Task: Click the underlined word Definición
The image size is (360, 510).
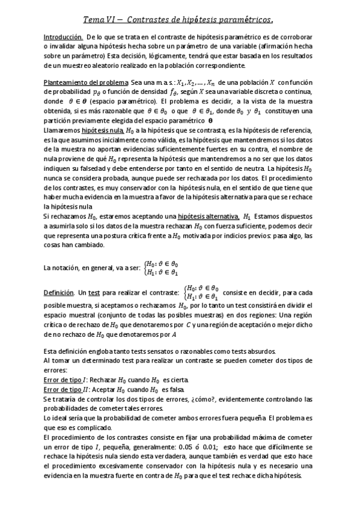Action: coord(59,293)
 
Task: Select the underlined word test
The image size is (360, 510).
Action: coord(94,293)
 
